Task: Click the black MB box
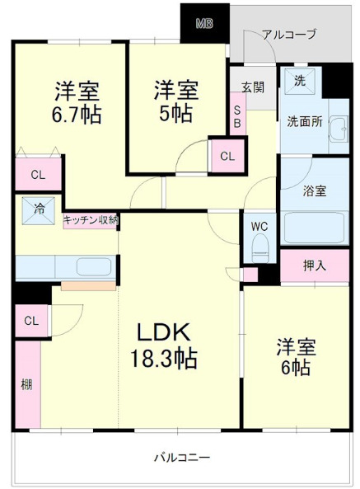coord(204,23)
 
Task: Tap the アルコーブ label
coord(288,34)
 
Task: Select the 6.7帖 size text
coord(77,115)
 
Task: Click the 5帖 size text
coord(175,115)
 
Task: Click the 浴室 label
coord(315,190)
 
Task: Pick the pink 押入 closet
coord(314,266)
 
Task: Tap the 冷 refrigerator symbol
coord(40,209)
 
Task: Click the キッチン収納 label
coord(91,219)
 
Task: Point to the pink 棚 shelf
coord(26,383)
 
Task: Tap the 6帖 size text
coord(294,368)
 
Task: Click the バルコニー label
coord(183,457)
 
